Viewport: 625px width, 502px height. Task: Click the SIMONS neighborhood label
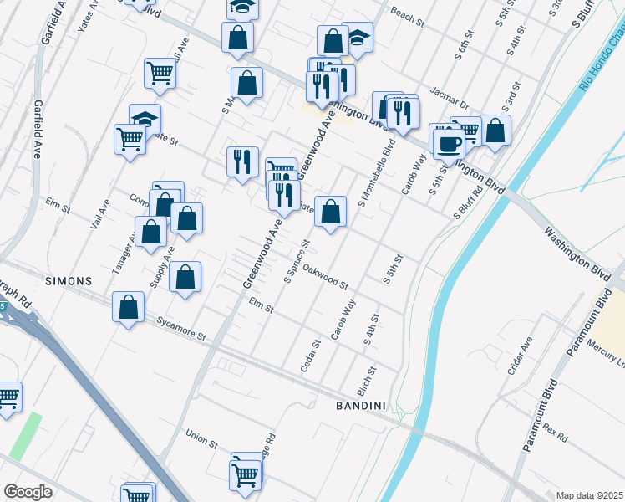[69, 281]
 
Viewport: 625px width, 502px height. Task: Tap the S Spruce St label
[297, 261]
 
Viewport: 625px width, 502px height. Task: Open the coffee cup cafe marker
[449, 143]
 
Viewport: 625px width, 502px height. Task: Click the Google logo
[28, 491]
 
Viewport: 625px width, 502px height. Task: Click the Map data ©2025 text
[590, 495]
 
